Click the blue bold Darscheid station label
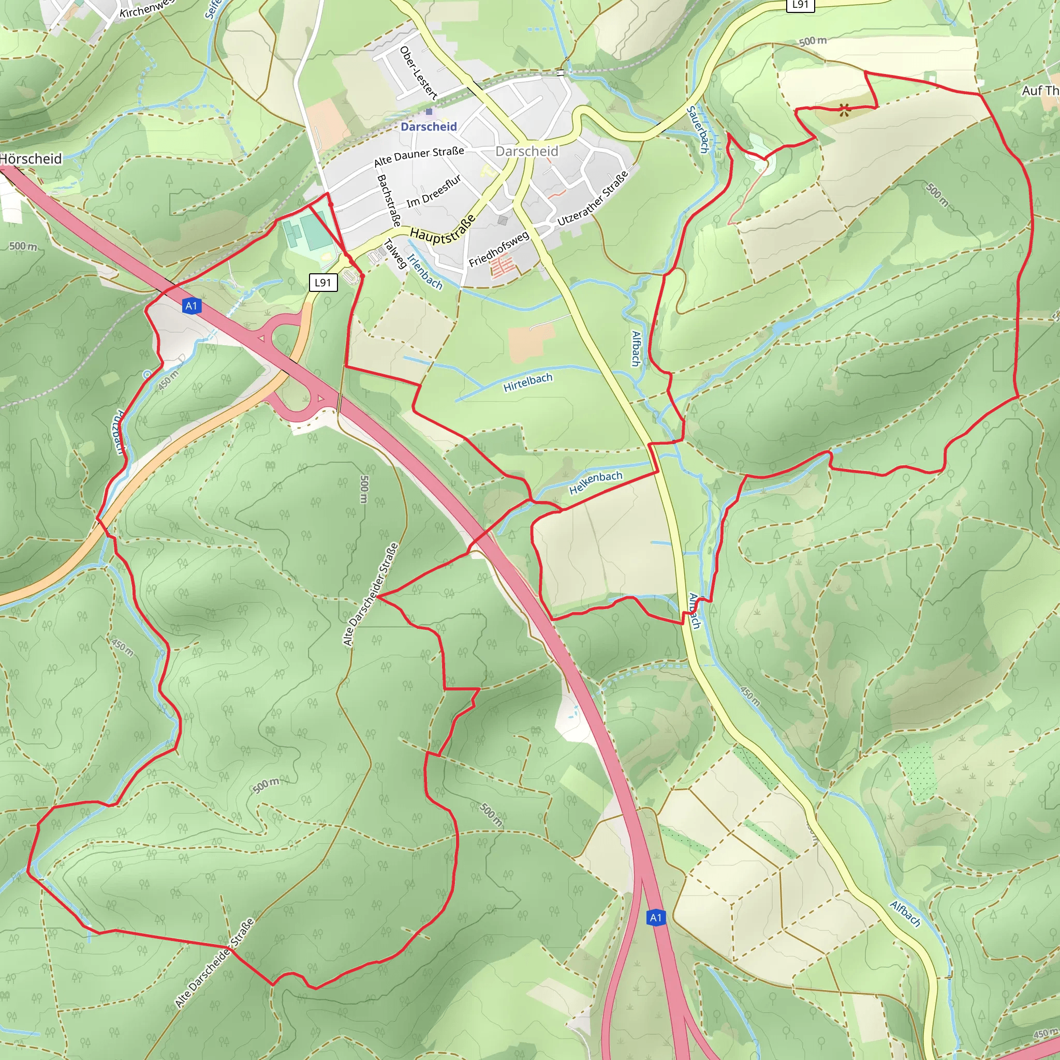click(x=429, y=127)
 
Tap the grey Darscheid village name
click(x=527, y=152)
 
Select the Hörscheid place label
click(x=31, y=159)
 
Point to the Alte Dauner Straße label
click(x=419, y=156)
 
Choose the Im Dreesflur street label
click(x=433, y=192)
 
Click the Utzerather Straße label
click(x=593, y=199)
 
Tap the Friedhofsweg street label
click(x=499, y=248)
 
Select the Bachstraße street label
click(x=389, y=200)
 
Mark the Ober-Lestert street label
click(x=419, y=72)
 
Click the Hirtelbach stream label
click(x=528, y=382)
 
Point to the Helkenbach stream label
click(x=596, y=483)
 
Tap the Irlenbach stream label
click(x=424, y=271)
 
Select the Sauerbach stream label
click(x=698, y=130)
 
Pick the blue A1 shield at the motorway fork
click(x=656, y=917)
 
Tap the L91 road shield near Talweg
click(x=322, y=283)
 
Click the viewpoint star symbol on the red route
click(x=845, y=110)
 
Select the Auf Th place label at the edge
click(x=1040, y=91)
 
